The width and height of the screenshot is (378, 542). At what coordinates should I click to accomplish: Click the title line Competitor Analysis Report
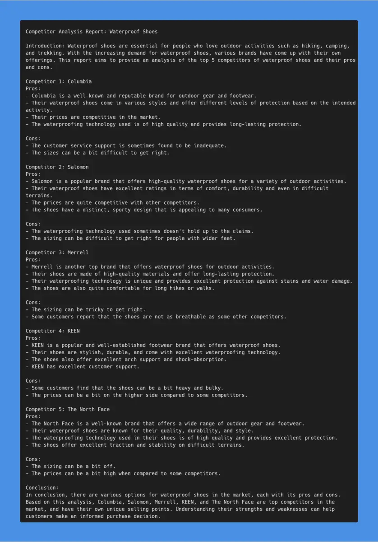pyautogui.click(x=92, y=32)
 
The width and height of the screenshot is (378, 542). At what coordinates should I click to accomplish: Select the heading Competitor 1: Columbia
pyautogui.click(x=59, y=81)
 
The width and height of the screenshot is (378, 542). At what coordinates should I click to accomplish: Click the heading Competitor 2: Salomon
pyautogui.click(x=57, y=167)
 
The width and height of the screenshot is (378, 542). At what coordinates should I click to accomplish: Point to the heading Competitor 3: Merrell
pyautogui.click(x=57, y=252)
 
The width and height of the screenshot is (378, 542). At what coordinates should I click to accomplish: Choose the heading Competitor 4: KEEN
pyautogui.click(x=53, y=331)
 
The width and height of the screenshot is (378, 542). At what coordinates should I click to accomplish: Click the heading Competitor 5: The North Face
pyautogui.click(x=68, y=409)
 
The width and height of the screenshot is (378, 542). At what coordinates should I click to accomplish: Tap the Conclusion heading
pyautogui.click(x=42, y=488)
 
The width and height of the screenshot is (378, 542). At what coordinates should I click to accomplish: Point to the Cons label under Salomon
pyautogui.click(x=33, y=224)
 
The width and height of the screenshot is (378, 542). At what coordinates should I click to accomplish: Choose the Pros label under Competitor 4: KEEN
pyautogui.click(x=33, y=338)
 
